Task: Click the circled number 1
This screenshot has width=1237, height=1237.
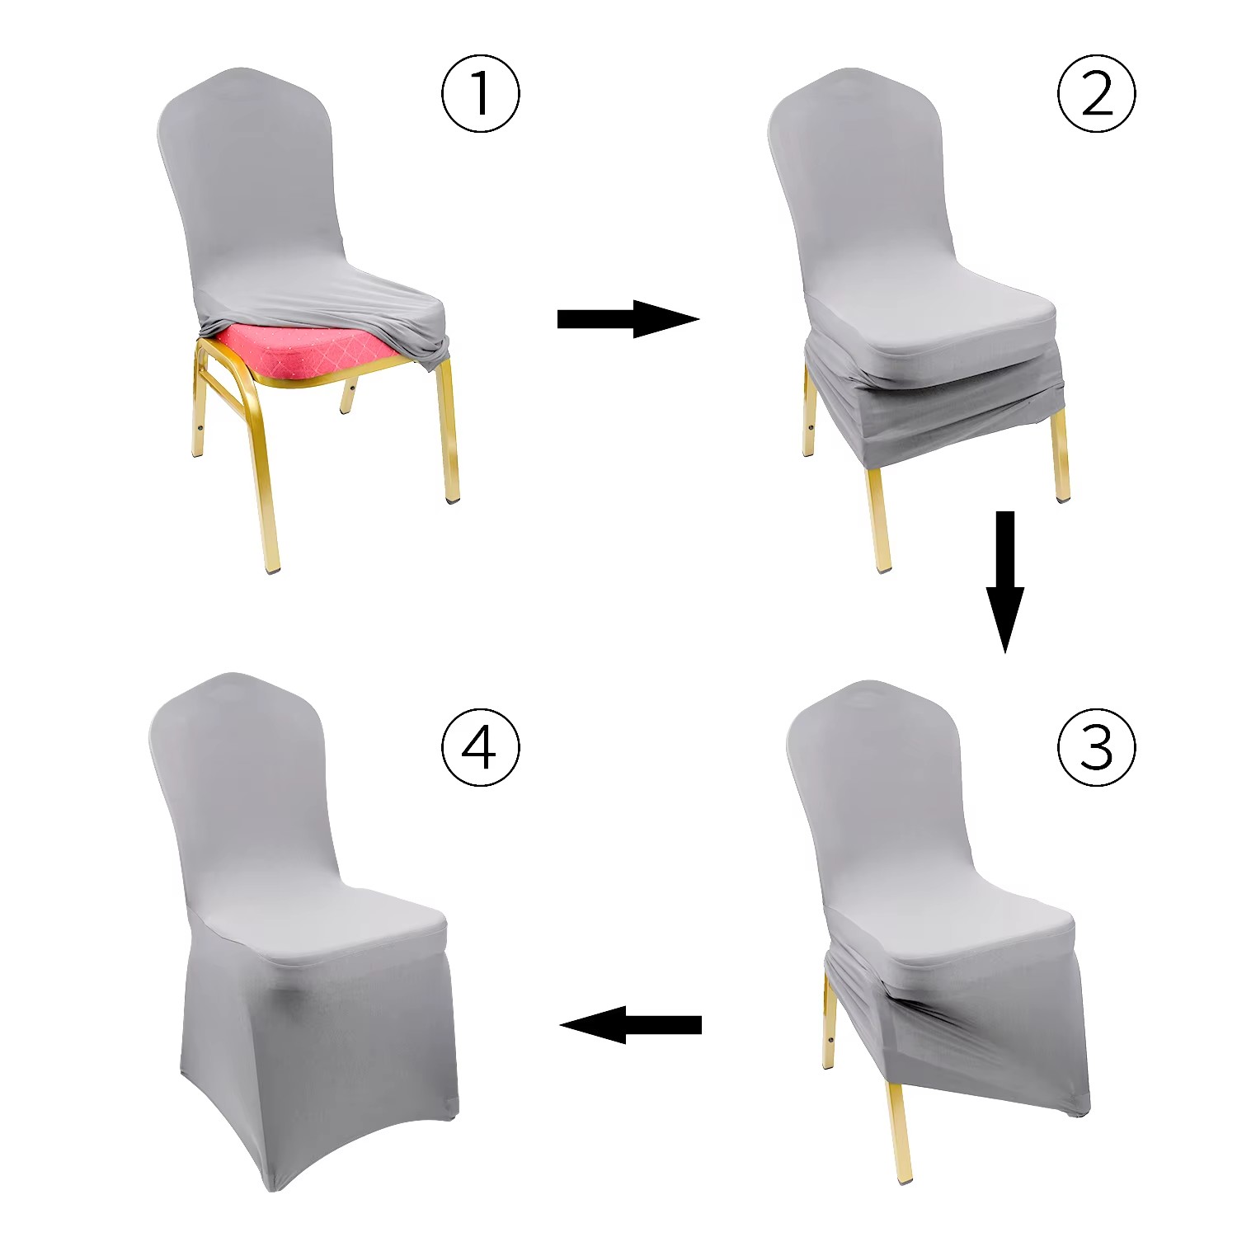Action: point(481,92)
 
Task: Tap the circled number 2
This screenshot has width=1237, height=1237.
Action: point(1096,92)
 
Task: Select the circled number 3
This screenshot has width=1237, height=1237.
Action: point(1096,747)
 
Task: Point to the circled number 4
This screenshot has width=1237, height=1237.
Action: point(481,747)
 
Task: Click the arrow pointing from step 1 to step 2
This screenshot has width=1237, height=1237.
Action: point(628,318)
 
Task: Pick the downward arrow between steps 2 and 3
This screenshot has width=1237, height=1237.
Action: point(1004,582)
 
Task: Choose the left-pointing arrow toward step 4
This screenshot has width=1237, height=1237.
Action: point(631,1025)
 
